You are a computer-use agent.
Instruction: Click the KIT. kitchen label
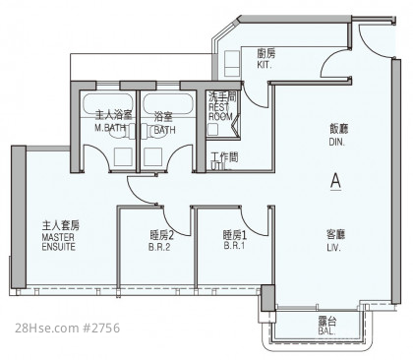265,65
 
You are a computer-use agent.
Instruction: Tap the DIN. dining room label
336,142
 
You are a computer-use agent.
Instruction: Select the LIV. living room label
333,248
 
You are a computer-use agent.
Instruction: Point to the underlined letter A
335,181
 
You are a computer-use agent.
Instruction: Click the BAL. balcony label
326,330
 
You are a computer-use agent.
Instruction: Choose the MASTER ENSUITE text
59,242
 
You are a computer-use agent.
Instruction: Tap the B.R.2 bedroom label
159,247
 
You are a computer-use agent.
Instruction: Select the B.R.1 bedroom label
234,246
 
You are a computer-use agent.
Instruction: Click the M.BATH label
110,128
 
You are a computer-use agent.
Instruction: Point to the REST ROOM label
220,112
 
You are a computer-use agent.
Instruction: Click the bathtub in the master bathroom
108,104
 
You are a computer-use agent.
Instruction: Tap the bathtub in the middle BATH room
167,104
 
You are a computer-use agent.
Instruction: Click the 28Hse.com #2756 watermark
68,328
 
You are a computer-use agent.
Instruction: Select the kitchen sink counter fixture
232,64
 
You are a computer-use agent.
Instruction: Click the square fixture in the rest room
213,129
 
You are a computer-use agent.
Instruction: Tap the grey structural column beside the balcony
268,298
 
